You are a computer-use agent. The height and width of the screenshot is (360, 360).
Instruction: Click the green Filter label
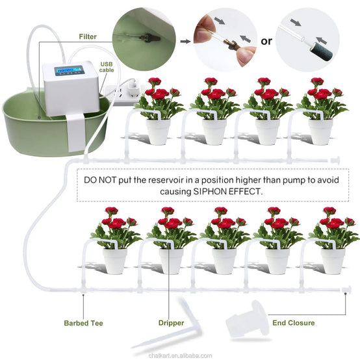88,36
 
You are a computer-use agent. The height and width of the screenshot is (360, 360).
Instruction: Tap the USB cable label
107,67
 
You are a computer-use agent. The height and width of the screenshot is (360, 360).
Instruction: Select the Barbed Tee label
83,323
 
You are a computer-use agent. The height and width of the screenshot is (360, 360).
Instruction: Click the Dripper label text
171,323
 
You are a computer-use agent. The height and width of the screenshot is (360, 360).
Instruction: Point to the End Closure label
294,323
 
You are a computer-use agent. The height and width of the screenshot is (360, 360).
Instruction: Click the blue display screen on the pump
69,70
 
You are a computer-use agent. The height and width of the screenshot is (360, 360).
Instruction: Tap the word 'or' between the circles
266,42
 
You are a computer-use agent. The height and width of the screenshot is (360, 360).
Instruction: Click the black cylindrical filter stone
322,51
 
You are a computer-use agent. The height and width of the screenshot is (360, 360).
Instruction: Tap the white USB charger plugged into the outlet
133,88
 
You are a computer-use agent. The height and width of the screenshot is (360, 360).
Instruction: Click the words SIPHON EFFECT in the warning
227,191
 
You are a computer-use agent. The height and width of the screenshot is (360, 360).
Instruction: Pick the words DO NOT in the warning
100,180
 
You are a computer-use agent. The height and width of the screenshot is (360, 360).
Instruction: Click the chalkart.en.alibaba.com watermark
180,355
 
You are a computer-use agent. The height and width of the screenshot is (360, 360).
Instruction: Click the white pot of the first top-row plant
158,131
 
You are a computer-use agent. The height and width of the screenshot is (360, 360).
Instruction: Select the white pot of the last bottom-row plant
333,261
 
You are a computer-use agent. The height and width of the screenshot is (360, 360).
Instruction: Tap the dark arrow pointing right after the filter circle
185,42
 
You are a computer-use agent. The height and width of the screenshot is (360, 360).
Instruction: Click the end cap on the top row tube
335,160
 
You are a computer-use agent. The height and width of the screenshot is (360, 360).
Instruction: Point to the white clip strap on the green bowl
76,133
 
